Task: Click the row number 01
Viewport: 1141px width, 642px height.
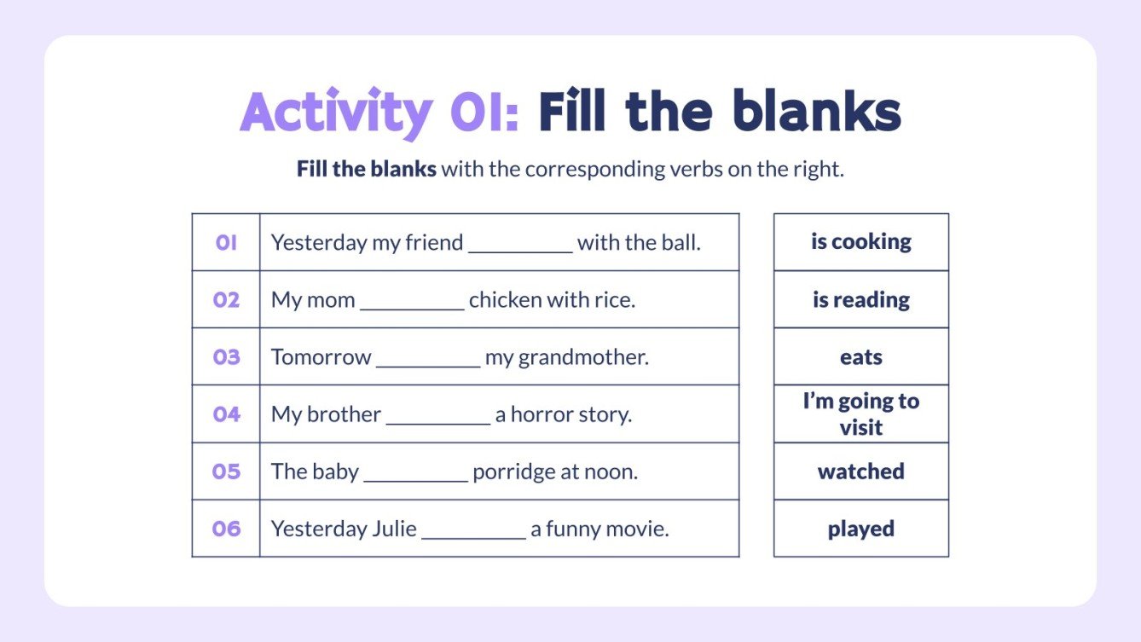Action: pos(226,243)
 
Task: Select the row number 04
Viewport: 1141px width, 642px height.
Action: pos(226,414)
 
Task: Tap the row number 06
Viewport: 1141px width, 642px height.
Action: pos(226,529)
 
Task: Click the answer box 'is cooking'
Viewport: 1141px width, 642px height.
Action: pos(860,242)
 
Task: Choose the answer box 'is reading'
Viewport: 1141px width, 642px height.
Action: pos(860,300)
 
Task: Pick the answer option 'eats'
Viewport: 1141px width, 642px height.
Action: pos(860,357)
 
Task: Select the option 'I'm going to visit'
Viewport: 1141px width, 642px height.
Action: pos(860,414)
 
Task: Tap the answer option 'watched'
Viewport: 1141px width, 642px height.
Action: pos(860,471)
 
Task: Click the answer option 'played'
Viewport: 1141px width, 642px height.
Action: pos(860,529)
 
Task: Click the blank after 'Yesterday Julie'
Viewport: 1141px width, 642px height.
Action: pos(473,535)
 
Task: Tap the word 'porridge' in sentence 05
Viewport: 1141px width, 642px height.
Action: pos(510,472)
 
